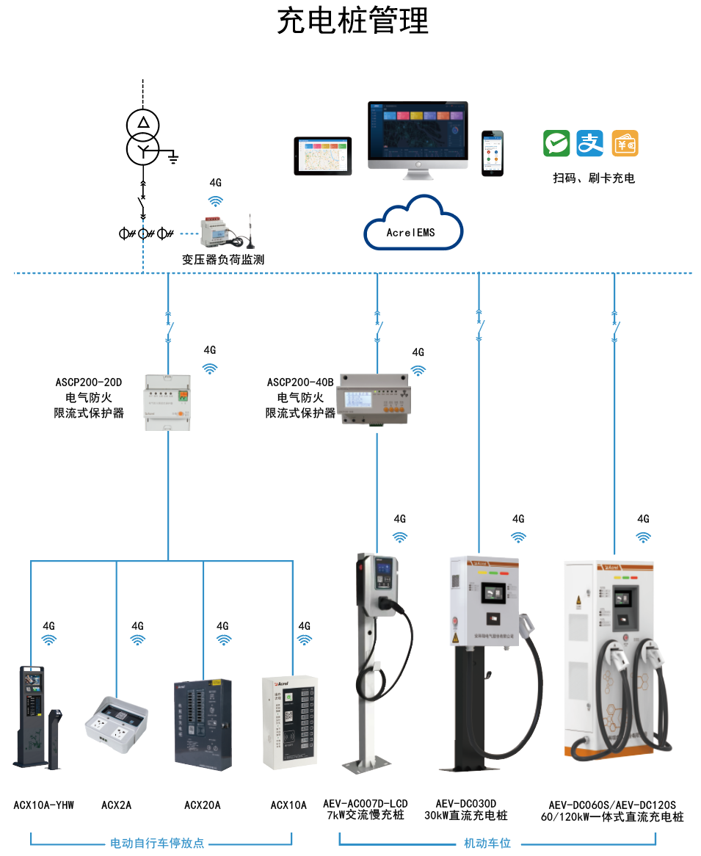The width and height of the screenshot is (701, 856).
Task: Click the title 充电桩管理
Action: point(352,21)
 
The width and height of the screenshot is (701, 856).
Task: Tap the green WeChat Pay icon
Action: point(556,143)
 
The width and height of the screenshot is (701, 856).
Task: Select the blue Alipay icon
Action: point(590,143)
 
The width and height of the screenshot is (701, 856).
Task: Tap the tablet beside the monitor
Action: point(323,156)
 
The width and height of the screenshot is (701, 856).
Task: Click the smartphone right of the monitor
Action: point(493,153)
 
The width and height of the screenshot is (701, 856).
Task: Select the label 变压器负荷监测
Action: point(223,259)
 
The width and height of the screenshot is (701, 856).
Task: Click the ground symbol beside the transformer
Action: point(173,156)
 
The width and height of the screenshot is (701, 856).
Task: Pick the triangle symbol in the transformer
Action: point(145,122)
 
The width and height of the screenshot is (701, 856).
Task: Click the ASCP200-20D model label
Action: point(89,382)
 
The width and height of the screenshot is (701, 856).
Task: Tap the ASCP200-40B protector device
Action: point(374,404)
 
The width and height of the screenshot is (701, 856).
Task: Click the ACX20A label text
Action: point(202,805)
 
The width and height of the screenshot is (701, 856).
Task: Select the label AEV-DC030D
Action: point(466,804)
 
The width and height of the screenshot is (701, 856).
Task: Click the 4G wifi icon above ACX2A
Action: point(138,639)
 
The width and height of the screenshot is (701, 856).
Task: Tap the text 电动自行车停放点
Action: point(157,844)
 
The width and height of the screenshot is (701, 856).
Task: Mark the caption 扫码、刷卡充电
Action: point(594,178)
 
